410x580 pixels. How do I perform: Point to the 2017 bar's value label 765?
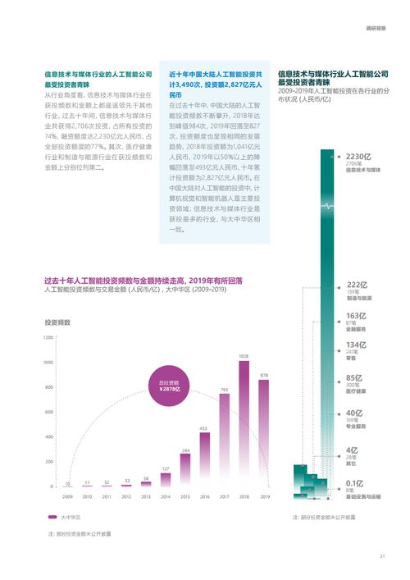pyautogui.click(x=224, y=389)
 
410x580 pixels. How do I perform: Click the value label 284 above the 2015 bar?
pyautogui.click(x=185, y=450)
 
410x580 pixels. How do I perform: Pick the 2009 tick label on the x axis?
pyautogui.click(x=67, y=496)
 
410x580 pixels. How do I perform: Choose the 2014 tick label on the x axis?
pyautogui.click(x=166, y=496)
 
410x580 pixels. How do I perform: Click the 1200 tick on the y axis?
pyautogui.click(x=48, y=337)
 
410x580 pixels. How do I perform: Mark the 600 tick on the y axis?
pyautogui.click(x=49, y=412)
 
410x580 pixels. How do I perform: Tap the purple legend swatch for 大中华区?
pyautogui.click(x=52, y=518)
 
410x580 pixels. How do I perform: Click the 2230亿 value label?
pyautogui.click(x=359, y=156)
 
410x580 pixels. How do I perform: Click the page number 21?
pyautogui.click(x=382, y=557)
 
